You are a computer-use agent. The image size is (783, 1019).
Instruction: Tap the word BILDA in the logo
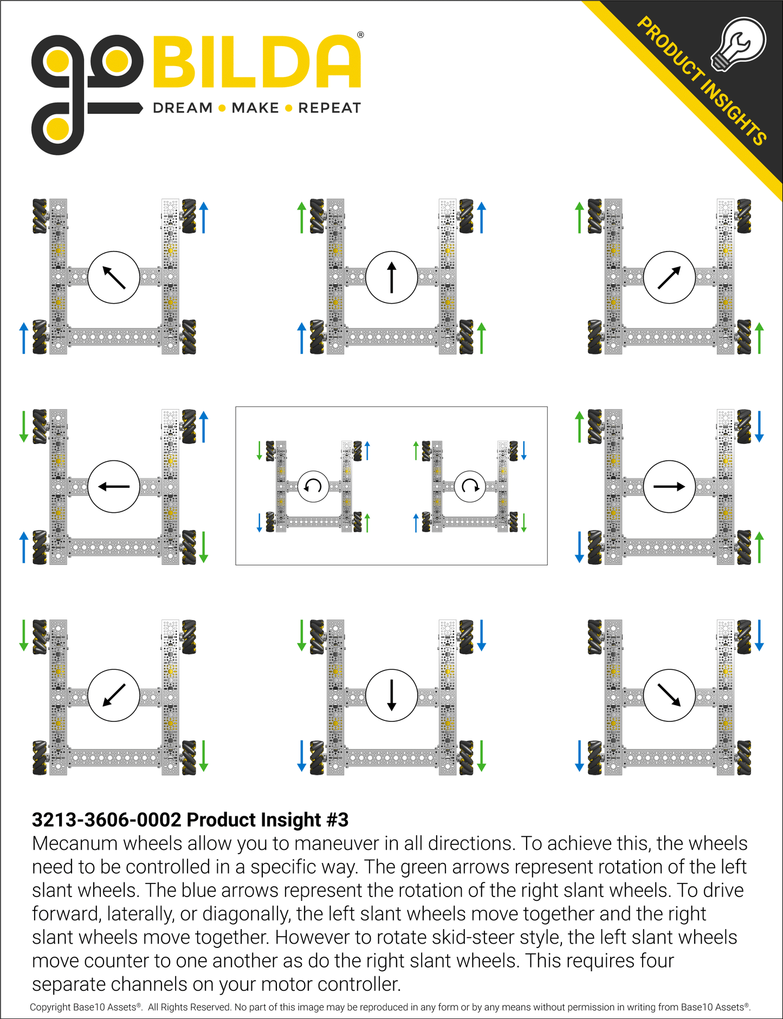pos(257,62)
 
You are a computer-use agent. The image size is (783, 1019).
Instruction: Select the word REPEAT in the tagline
pos(329,108)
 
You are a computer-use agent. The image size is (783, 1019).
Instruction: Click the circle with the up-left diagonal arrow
pos(114,277)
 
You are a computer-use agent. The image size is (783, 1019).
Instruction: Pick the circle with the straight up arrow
pos(392,277)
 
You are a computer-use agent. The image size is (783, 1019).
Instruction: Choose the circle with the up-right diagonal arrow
pos(669,277)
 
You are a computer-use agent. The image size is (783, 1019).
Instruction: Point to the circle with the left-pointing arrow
pos(114,487)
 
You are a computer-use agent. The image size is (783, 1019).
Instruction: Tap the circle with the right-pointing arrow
pos(669,487)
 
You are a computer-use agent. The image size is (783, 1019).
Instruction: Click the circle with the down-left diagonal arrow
pos(114,695)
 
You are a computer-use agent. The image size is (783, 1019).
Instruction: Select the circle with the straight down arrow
pos(392,695)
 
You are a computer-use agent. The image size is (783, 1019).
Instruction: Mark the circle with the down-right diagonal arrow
pos(669,695)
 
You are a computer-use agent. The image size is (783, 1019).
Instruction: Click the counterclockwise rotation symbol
pos(313,486)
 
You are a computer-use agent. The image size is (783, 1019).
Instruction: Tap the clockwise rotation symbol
pos(470,486)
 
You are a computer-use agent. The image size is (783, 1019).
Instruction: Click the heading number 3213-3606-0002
pos(106,820)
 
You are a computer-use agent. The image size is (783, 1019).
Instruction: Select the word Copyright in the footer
pos(50,1007)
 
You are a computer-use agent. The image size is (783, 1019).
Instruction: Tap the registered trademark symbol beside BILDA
pos(361,35)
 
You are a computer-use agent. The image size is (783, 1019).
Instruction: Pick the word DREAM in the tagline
pos(183,108)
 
